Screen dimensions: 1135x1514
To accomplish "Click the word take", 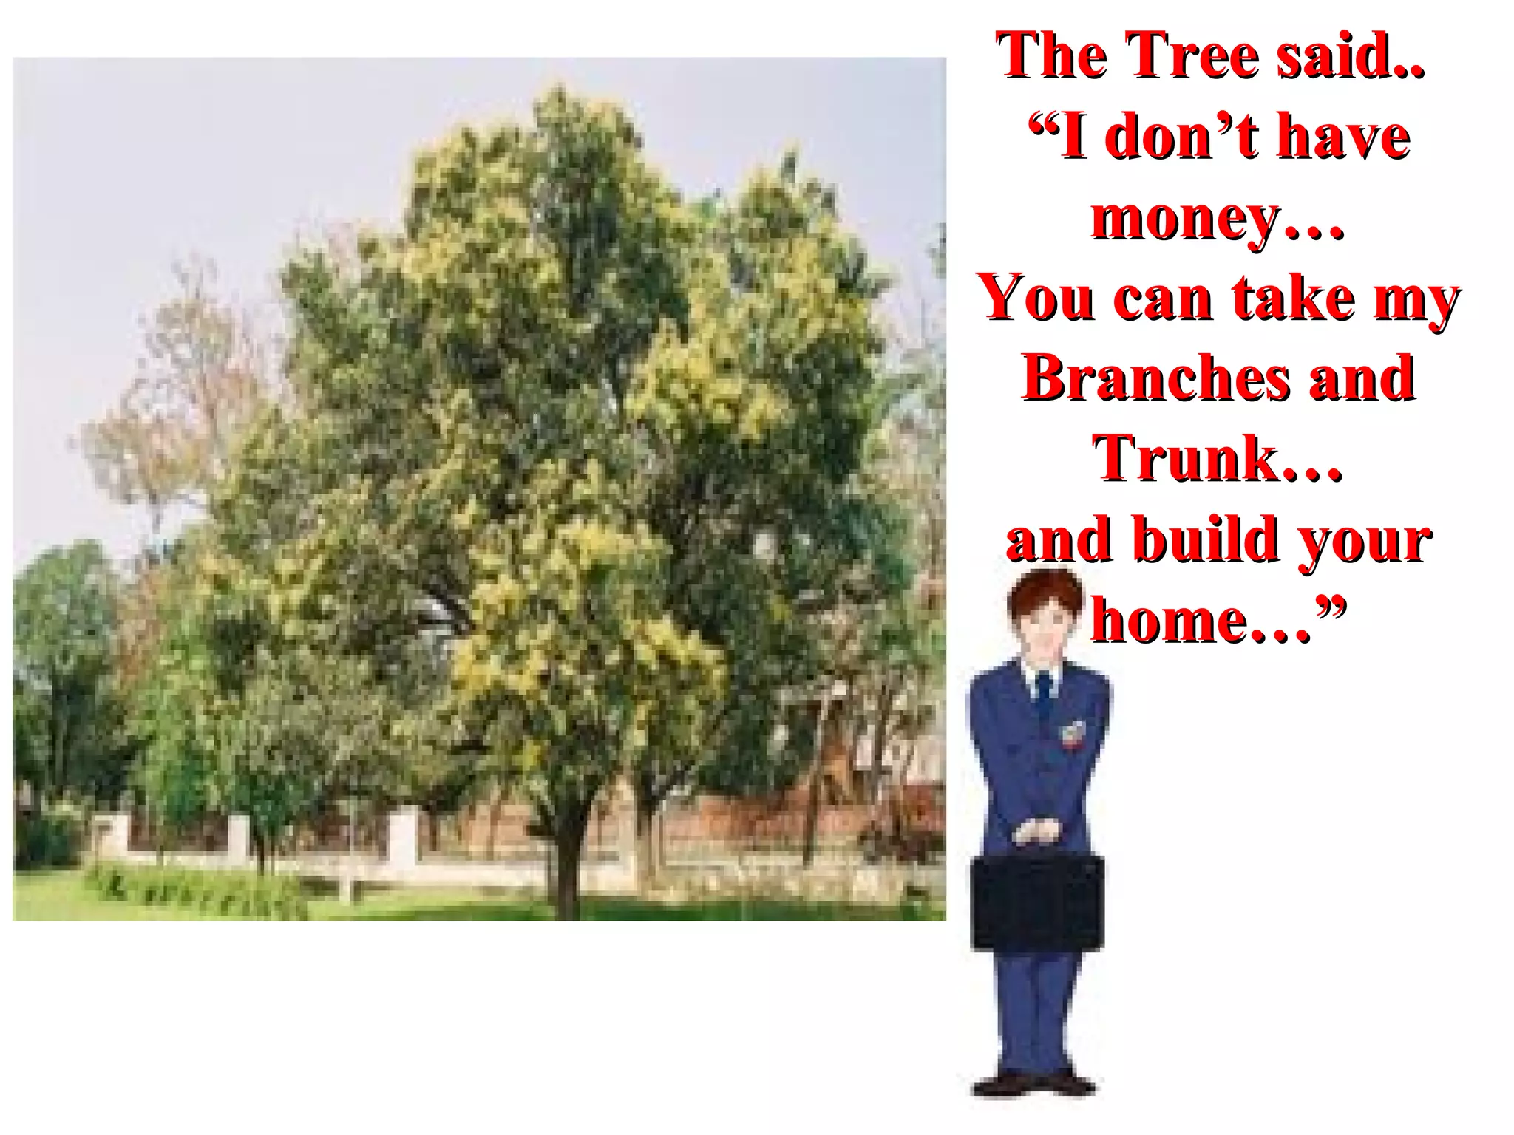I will click(1294, 298).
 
